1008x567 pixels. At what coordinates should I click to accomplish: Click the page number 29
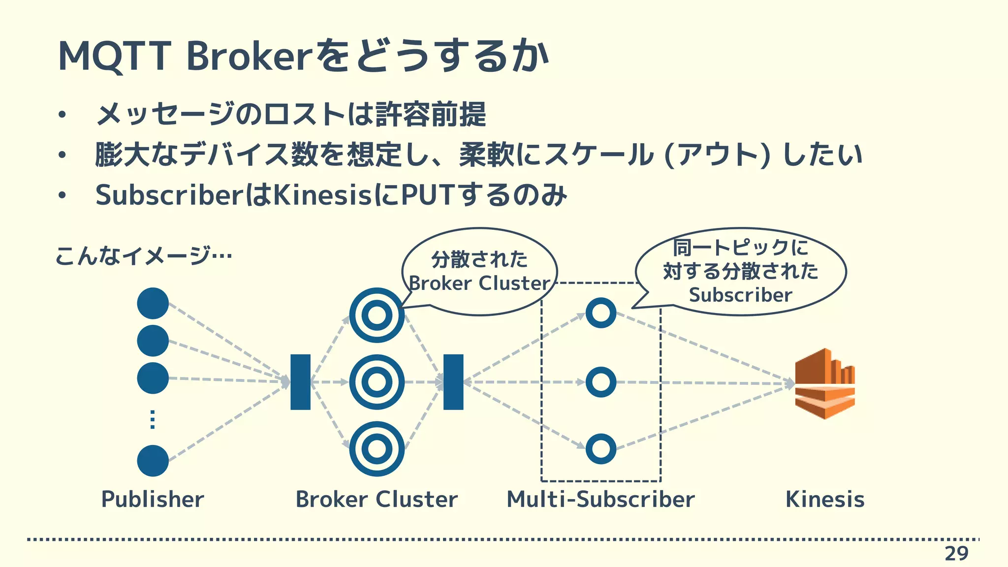956,554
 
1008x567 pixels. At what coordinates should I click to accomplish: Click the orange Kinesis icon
824,383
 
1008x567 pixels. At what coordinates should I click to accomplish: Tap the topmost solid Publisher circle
153,303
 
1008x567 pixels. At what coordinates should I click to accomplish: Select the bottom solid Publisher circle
153,461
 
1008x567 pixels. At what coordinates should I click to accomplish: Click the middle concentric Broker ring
377,382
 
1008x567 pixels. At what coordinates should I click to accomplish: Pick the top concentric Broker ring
377,315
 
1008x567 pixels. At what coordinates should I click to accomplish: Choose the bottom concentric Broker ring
377,449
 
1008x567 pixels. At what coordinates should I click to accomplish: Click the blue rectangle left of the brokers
300,382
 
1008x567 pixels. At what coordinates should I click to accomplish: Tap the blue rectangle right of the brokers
453,382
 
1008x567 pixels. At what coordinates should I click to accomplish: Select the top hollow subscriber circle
601,313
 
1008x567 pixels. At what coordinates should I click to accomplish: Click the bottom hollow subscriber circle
601,449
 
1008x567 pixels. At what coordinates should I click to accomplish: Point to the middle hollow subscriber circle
601,382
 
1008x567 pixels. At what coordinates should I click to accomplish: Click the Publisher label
153,499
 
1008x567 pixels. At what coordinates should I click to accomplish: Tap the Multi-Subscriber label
600,499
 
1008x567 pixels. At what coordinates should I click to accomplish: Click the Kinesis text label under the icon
824,499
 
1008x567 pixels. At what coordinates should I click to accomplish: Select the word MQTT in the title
114,57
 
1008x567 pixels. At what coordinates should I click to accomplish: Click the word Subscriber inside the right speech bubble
740,295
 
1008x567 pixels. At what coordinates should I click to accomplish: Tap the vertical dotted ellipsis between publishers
153,419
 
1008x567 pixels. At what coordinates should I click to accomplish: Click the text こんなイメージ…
143,255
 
